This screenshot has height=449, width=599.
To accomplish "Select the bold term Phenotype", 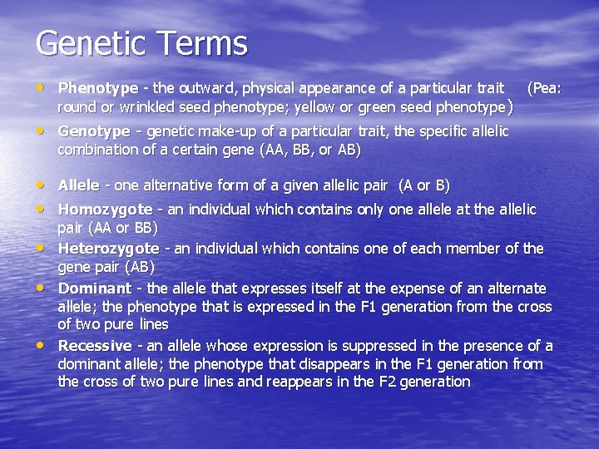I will point(97,88).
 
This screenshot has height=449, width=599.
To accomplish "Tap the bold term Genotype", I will point(93,131).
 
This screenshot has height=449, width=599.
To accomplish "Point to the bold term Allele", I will point(78,185).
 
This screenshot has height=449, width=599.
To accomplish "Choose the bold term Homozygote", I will point(105,210).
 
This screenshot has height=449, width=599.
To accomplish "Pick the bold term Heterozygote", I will point(108,249).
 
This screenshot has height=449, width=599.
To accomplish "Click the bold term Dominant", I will point(94,289).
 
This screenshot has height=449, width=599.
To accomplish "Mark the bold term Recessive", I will point(94,346).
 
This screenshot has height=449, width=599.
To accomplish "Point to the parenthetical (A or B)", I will point(423,185).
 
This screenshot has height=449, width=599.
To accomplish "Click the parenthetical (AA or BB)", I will point(108,228).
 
